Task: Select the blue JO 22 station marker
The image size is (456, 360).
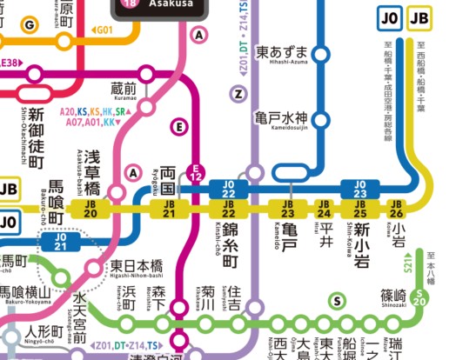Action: (x=229, y=188)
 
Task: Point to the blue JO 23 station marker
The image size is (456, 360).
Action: (x=358, y=188)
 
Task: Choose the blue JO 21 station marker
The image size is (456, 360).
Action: (x=61, y=240)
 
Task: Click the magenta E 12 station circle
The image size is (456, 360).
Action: (x=198, y=174)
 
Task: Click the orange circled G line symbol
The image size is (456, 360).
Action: (x=30, y=25)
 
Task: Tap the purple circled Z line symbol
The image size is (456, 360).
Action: (x=236, y=93)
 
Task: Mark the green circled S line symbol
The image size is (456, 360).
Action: (x=335, y=301)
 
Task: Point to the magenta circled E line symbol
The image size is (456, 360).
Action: (x=180, y=128)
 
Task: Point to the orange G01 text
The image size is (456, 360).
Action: (x=104, y=30)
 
